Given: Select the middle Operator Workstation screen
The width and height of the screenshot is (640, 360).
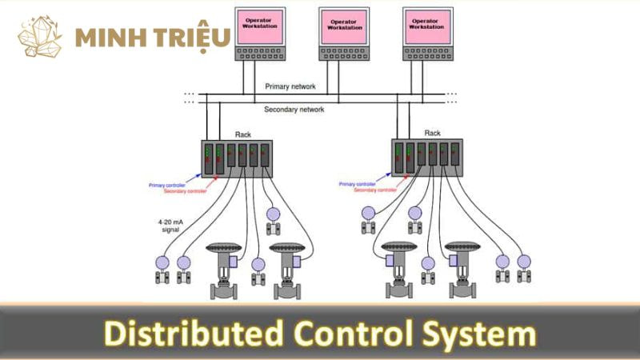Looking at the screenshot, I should pos(343,25).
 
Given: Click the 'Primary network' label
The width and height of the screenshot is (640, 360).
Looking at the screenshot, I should pos(290,86).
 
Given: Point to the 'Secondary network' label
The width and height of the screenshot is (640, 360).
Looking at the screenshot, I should pos(294,110).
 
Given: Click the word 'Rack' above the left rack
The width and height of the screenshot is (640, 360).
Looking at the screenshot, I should pos(243,134).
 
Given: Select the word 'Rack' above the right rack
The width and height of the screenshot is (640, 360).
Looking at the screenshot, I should pos(432,133).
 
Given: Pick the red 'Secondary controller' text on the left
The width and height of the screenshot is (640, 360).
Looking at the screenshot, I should pos(183,192).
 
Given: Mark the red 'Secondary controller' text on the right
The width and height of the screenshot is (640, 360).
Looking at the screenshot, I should pos(373,191).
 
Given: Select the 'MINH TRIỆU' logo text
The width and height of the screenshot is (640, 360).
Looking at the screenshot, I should pos(152,37).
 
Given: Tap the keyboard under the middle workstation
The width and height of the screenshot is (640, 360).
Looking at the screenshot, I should pos(343,53).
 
